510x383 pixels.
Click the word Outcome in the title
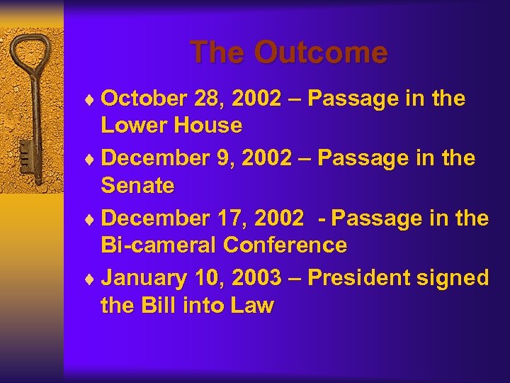321,53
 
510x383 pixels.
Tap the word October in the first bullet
144,99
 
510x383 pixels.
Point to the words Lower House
171,126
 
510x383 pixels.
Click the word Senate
137,186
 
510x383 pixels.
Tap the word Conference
285,245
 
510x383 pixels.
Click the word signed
455,278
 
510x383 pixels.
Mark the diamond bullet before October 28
93,100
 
